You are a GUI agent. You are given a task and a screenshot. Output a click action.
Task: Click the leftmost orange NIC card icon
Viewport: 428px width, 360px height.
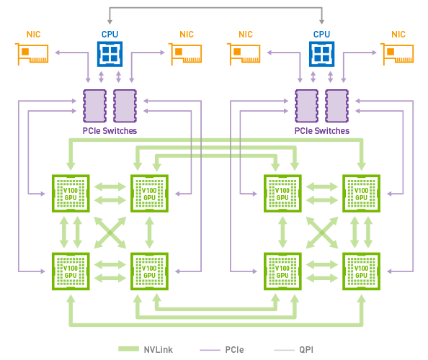(x=32, y=53)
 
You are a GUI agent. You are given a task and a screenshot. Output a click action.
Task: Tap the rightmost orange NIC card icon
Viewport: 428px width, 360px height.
(x=398, y=53)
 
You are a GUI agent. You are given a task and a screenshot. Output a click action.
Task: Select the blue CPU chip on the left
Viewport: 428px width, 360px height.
(x=110, y=53)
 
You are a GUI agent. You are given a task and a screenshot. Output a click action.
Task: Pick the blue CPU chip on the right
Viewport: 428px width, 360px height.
(x=321, y=53)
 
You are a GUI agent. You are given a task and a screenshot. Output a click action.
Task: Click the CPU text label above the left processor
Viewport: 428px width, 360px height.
(x=110, y=34)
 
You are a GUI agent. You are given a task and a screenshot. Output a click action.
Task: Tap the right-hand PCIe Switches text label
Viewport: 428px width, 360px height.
(x=321, y=131)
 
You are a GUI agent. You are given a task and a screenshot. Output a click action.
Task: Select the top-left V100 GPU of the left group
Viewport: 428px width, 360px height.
(x=70, y=193)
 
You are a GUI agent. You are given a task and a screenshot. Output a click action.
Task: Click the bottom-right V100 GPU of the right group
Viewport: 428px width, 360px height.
(x=361, y=271)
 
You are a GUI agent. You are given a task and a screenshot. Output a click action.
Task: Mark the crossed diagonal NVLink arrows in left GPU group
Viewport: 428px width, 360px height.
(x=110, y=232)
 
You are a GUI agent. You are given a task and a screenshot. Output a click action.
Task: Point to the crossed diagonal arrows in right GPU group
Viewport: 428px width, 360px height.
(x=321, y=232)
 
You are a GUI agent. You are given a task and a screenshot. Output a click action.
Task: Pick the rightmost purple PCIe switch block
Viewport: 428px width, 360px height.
(x=336, y=106)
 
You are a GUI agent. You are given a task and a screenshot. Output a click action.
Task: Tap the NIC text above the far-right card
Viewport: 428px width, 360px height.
(x=398, y=34)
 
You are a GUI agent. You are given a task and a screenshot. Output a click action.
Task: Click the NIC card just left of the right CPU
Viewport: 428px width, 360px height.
(x=245, y=53)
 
